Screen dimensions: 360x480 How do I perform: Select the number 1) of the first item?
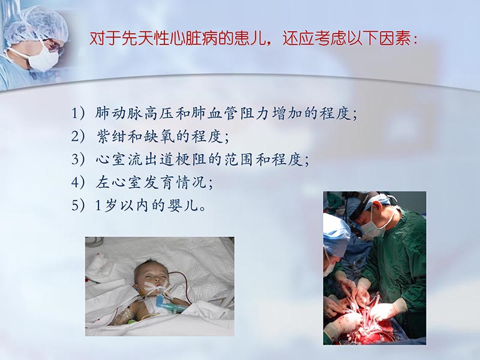pyautogui.click(x=78, y=113)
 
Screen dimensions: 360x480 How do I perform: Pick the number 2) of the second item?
pyautogui.click(x=78, y=136)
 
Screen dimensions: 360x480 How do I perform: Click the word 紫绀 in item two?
pyautogui.click(x=109, y=136)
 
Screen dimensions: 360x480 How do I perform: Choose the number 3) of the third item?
pyautogui.click(x=78, y=160)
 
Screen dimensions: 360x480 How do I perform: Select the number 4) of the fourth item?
pyautogui.click(x=78, y=182)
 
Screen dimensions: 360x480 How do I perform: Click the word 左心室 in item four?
pyautogui.click(x=116, y=182)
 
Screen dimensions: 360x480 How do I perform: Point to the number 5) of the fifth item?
pyautogui.click(x=78, y=206)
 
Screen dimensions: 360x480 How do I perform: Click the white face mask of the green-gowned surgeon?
pyautogui.click(x=372, y=227)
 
